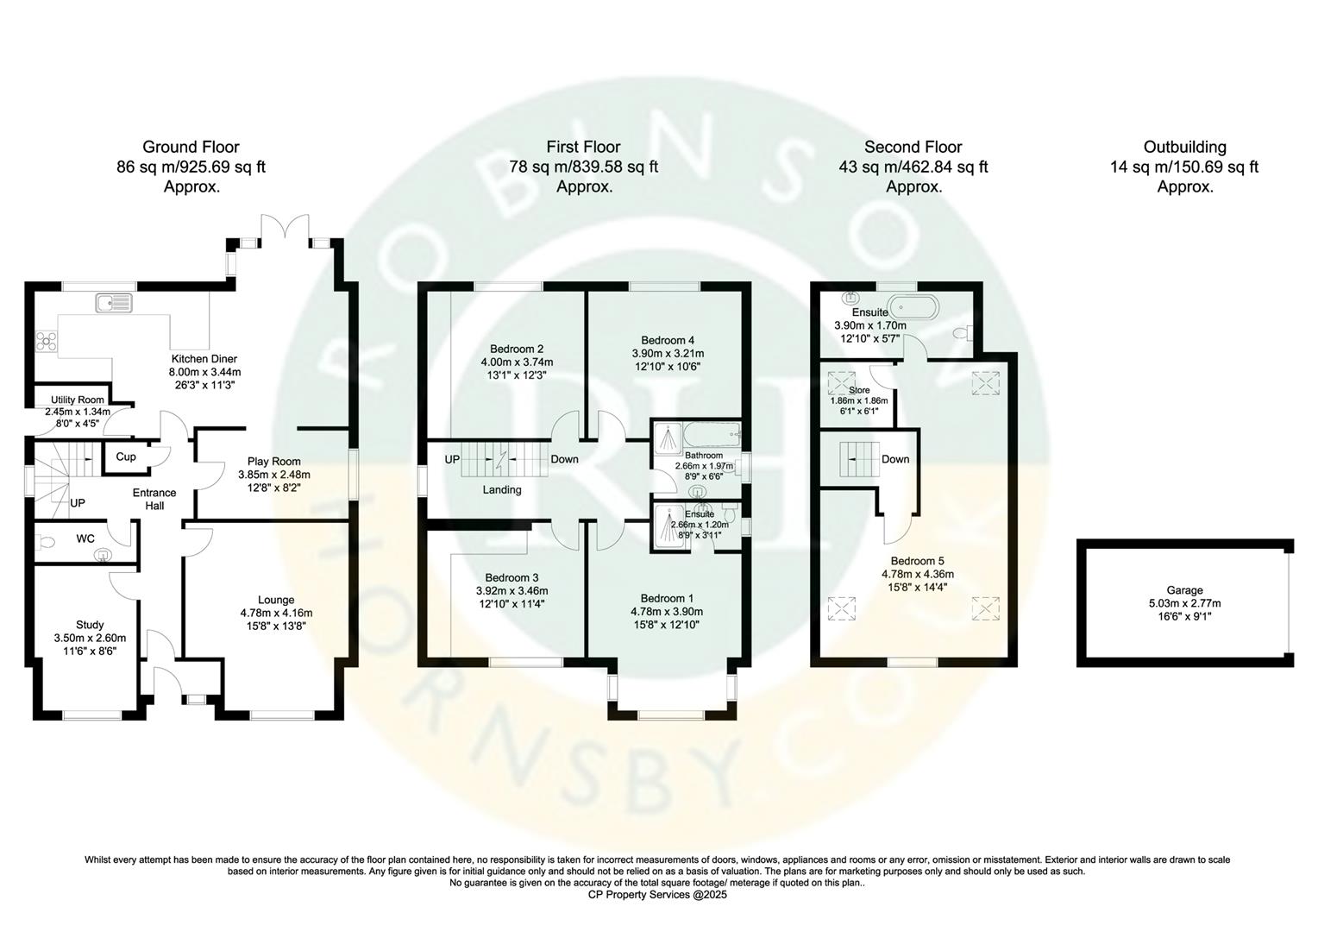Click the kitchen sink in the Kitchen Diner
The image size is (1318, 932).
point(114,303)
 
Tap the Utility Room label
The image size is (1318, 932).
point(78,400)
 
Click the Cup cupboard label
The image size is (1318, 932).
point(126,457)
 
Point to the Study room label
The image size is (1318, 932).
point(90,625)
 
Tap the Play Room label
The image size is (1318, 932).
point(273,462)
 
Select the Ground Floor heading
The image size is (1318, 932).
point(191,148)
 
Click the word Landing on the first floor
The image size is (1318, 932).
point(501,490)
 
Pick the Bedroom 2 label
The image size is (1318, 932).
point(516,349)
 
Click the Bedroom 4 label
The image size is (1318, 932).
point(668,340)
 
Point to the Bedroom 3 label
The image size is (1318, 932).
point(512,577)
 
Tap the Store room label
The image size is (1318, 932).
point(858,390)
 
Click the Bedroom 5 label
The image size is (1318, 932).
point(917,560)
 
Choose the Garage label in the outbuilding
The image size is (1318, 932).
point(1184,590)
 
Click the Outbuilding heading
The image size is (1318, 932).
point(1184,148)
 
